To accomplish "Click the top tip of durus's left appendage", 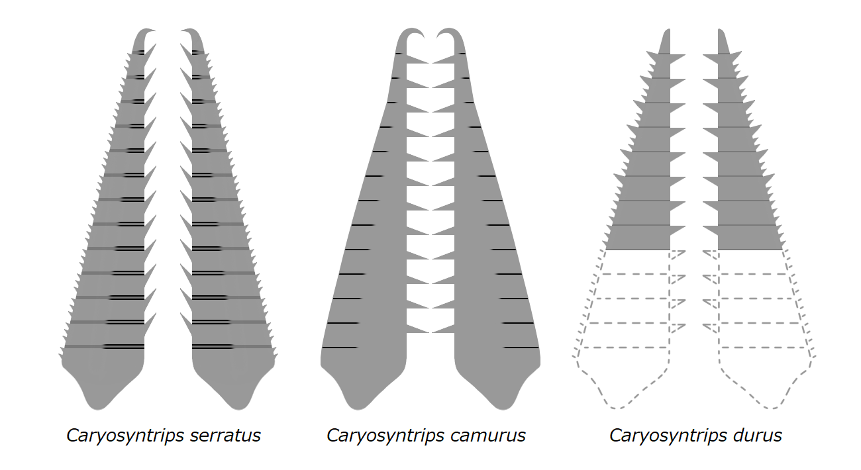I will point(668,31).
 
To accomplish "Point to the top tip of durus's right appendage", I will point(721,31).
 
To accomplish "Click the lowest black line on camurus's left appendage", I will point(340,348).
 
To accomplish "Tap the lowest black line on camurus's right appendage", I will point(521,348).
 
